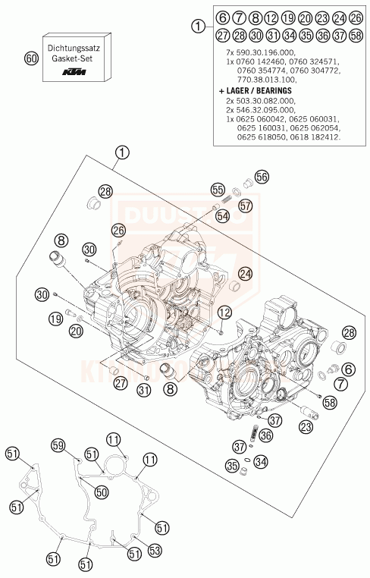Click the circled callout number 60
coord(31,57)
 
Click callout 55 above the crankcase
coord(218,190)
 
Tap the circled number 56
coord(262,177)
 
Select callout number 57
coord(244,206)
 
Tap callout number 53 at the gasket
coord(155,550)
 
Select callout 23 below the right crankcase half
coord(306,428)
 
